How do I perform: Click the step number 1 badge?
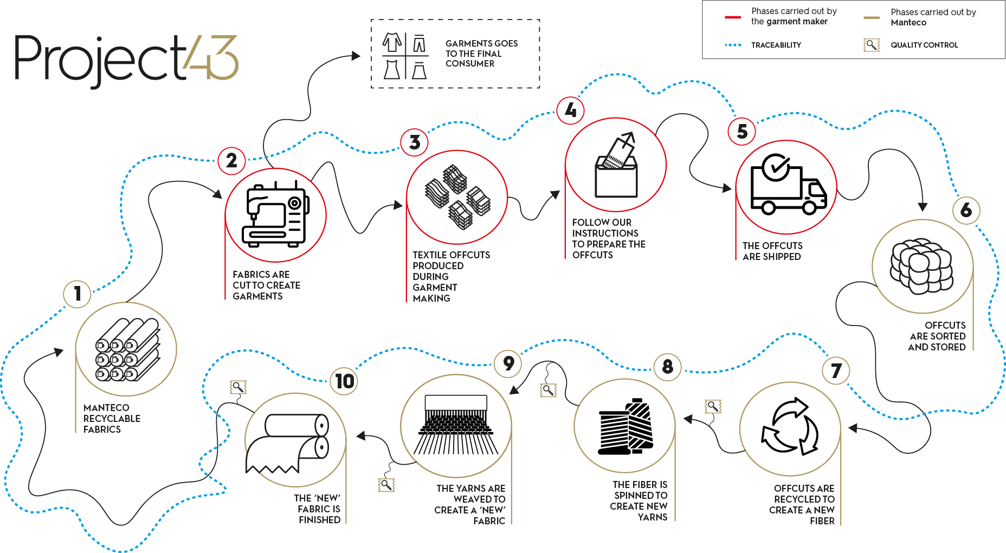78,294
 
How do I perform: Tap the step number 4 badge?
570,110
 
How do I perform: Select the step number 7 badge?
836,371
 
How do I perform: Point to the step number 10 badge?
344,381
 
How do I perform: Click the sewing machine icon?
276,216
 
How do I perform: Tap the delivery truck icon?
788,185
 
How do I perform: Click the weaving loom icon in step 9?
456,425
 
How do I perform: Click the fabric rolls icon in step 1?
127,350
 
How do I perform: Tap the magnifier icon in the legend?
871,45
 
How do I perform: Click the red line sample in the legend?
733,17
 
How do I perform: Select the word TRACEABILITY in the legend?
776,45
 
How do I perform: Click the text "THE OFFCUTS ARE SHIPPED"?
772,251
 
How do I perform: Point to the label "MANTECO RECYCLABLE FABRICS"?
111,419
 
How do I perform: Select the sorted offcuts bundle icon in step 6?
921,266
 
